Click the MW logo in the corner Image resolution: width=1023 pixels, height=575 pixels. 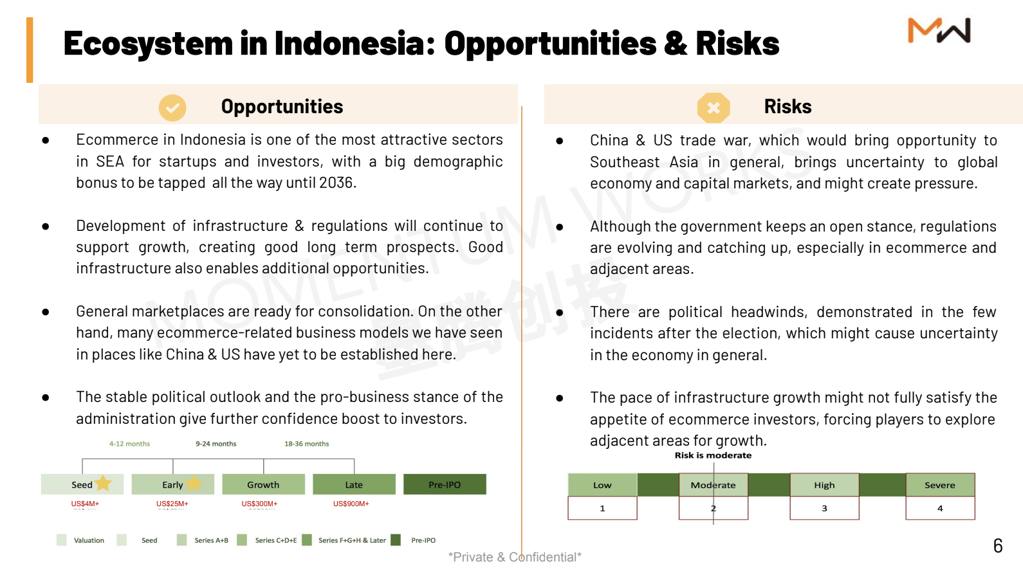click(939, 30)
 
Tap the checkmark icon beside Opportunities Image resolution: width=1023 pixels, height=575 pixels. click(172, 108)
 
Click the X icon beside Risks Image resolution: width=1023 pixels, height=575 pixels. click(714, 108)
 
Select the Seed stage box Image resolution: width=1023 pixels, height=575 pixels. click(82, 484)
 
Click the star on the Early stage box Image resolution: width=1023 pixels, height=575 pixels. click(194, 483)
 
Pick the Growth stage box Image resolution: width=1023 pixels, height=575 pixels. click(264, 484)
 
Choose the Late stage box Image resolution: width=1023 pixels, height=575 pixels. click(354, 484)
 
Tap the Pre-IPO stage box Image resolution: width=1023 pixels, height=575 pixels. click(445, 484)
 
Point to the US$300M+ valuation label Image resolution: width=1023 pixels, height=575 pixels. click(259, 504)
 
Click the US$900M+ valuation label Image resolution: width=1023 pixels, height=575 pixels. click(351, 504)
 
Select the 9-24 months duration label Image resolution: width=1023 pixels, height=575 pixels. click(216, 443)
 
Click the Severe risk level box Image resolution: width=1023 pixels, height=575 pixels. click(941, 485)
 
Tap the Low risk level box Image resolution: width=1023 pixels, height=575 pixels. click(602, 485)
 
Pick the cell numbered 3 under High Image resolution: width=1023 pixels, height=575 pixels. click(824, 508)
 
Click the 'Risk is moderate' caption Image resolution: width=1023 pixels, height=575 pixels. click(713, 455)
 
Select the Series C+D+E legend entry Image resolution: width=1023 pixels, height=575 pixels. click(267, 540)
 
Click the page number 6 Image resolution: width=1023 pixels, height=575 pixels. click(998, 546)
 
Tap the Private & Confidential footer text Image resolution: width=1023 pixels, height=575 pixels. click(515, 557)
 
